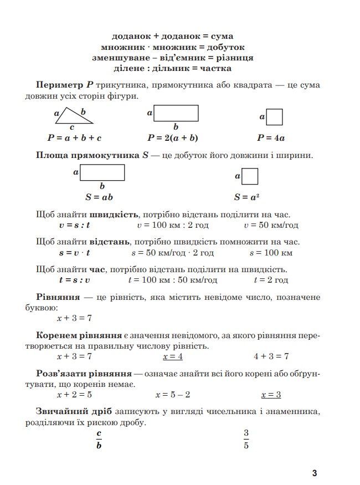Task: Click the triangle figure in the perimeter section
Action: click(75, 118)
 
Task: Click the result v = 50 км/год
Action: click(271, 225)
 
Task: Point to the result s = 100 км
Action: click(271, 253)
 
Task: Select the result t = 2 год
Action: click(271, 280)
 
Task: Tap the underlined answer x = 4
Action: click(172, 356)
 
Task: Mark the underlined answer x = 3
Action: click(271, 395)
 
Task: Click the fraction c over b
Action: click(99, 439)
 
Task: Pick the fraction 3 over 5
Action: click(246, 439)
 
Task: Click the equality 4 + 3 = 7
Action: click(271, 356)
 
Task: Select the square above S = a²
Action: click(250, 177)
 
